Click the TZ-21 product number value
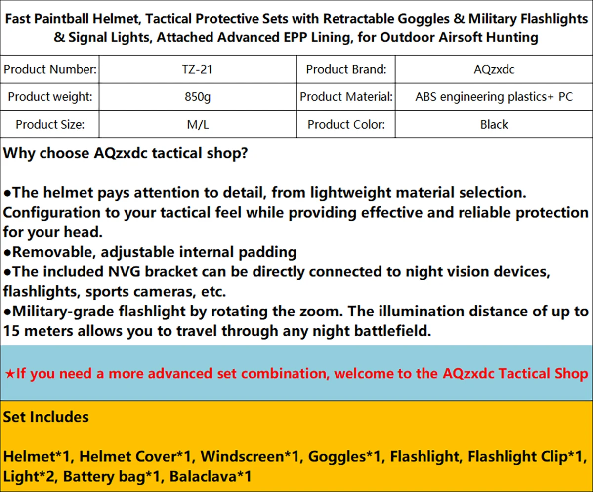coord(197,69)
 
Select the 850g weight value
coord(198,97)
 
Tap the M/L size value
coord(198,125)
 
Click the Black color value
coord(494,125)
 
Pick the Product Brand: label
coord(346,69)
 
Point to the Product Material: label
coord(346,97)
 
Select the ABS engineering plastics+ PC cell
coord(494,97)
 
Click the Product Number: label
coord(50,69)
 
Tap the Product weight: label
coord(50,97)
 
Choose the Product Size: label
coord(50,125)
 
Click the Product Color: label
coord(346,125)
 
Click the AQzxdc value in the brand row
coord(494,69)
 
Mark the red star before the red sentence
coord(10,374)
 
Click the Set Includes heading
coord(46,417)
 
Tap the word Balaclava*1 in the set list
coord(211,476)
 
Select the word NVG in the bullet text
coord(125,272)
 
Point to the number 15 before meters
coord(11,331)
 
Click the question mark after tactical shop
coord(244,153)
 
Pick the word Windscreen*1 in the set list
coord(250,457)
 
